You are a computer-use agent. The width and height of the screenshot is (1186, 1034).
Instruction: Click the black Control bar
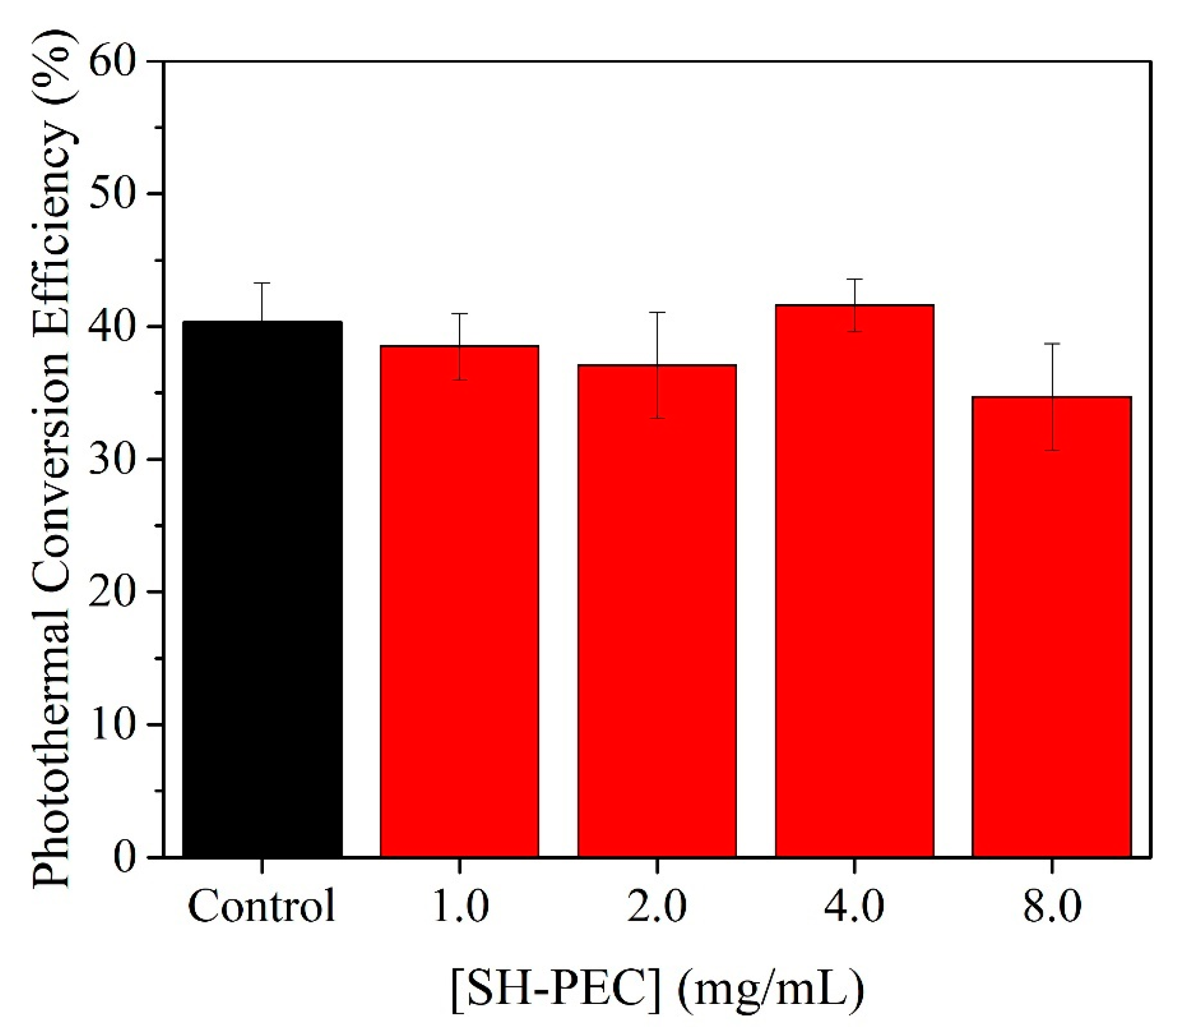[262, 588]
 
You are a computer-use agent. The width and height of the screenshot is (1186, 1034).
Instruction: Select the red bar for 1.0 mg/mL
[459, 600]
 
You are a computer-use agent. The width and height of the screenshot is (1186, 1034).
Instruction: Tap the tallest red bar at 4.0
[854, 580]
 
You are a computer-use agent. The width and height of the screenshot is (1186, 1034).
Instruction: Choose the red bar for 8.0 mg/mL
[1052, 626]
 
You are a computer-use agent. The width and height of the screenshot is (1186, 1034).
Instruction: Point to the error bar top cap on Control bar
[262, 283]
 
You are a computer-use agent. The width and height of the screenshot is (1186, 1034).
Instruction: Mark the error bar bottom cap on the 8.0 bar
[1052, 450]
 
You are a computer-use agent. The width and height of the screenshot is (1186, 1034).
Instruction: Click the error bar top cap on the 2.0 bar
[657, 312]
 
